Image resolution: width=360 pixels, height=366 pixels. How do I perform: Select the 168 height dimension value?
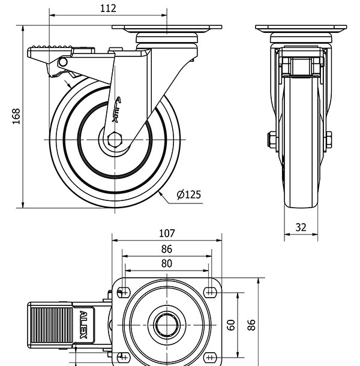click(x=16, y=116)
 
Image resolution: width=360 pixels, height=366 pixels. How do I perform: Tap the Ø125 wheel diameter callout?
click(x=189, y=194)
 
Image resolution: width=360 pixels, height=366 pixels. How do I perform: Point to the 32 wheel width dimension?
click(x=301, y=227)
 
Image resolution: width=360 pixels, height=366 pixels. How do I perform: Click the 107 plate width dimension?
click(x=167, y=233)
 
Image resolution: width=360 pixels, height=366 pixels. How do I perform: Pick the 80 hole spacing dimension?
click(x=167, y=263)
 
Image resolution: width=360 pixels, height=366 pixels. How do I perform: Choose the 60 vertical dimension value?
click(x=231, y=326)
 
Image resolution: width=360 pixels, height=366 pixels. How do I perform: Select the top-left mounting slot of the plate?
click(x=124, y=292)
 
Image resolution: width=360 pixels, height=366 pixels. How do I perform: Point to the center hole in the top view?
click(x=166, y=326)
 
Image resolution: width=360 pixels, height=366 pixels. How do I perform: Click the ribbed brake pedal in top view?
click(x=50, y=325)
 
